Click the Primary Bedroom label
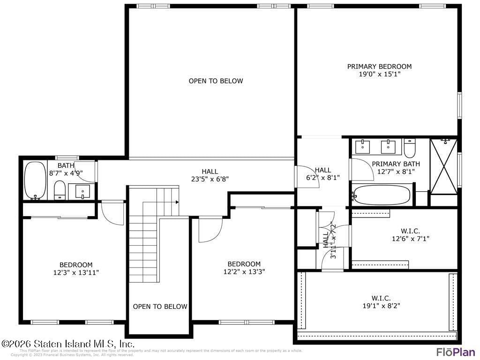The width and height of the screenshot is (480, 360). pos(379,67)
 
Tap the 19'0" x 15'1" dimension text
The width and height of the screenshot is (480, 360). pos(379,74)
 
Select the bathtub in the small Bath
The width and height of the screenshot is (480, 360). pos(35,180)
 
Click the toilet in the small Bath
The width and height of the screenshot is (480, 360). pos(60,190)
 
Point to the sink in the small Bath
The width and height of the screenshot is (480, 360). pos(82,191)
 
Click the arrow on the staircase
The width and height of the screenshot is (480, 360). pos(177,202)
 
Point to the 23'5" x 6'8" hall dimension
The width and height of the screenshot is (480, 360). pos(210,179)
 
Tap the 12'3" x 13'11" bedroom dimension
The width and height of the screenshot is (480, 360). pos(75,272)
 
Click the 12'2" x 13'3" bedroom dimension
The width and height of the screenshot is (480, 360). pos(244,271)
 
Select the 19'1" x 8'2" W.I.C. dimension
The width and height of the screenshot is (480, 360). pos(381,306)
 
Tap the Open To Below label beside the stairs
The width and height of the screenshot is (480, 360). pos(160,307)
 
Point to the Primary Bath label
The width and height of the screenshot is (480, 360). pos(396,164)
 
